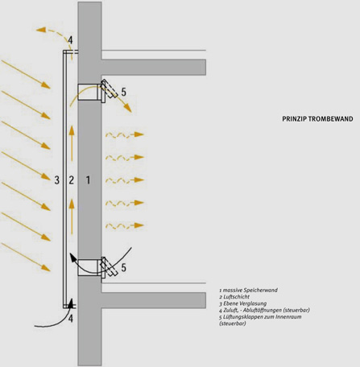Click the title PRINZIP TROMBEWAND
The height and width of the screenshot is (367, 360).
click(317, 119)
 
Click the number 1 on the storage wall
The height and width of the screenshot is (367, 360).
click(88, 180)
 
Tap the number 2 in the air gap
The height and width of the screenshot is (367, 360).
click(71, 180)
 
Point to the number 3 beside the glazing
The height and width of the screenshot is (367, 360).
click(57, 180)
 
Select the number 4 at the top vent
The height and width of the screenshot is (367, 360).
click(70, 40)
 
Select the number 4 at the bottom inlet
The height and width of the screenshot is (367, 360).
click(70, 319)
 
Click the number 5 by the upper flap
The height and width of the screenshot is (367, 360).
click(123, 92)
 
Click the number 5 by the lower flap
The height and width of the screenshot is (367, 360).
click(123, 267)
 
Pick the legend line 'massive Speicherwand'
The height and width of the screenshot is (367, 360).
click(248, 291)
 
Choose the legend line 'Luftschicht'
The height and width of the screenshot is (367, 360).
click(234, 297)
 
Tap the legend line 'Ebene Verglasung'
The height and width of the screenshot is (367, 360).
click(243, 303)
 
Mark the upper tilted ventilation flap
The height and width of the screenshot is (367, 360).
click(110, 89)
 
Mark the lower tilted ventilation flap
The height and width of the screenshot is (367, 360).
click(109, 266)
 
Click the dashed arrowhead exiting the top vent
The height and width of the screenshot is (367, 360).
click(40, 30)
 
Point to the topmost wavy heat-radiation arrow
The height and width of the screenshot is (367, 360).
click(125, 134)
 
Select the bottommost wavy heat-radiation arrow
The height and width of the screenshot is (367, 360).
click(125, 226)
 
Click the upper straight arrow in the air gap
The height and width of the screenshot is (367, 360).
click(72, 143)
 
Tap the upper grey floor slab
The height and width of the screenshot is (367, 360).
click(154, 68)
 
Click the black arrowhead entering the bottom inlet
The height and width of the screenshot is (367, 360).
click(71, 303)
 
